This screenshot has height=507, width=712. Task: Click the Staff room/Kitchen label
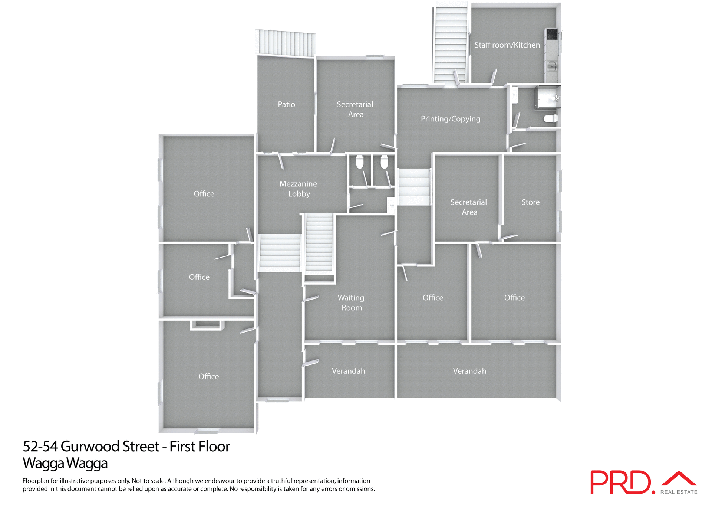coord(507,45)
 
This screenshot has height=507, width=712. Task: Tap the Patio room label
coord(286,104)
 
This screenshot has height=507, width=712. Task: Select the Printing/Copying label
coord(450,119)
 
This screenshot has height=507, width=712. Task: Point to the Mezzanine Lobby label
coord(299,189)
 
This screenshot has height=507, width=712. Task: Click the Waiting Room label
coord(351,302)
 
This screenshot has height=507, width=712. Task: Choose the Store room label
coord(530,202)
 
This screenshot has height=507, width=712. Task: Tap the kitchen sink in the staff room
coord(552,66)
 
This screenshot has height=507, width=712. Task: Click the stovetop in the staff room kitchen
coord(552,34)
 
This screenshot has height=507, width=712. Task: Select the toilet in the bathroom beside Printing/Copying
coord(550,119)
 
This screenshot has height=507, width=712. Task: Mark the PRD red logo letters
coord(620,482)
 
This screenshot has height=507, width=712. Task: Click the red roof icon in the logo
coord(679,478)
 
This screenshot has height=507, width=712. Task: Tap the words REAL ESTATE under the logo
coord(679,492)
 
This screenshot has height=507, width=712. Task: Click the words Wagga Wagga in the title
coord(65,463)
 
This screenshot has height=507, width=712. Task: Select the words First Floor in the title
coord(200,446)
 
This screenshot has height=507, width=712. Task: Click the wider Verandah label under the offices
coord(469,371)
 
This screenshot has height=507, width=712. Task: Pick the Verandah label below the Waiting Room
coord(348,371)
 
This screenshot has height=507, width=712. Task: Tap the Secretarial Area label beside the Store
coord(469,207)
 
